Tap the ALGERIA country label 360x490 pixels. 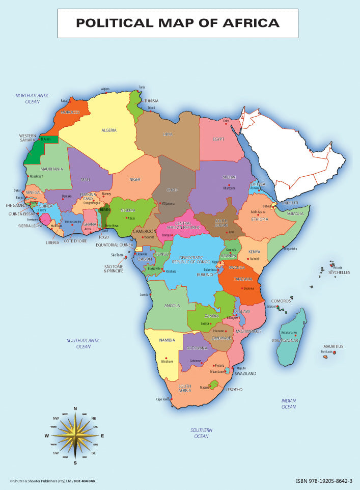click(x=109, y=130)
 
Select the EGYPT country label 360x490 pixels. click(x=218, y=139)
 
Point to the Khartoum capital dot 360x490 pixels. click(x=229, y=184)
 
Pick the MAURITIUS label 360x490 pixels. click(x=333, y=346)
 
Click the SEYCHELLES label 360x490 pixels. click(x=339, y=273)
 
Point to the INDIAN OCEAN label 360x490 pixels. click(x=289, y=404)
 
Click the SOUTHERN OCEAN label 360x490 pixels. click(x=201, y=433)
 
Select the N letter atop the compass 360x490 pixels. click(x=75, y=409)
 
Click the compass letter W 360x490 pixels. click(x=47, y=436)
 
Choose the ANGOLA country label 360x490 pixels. click(x=172, y=306)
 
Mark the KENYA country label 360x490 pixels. click(x=254, y=252)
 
